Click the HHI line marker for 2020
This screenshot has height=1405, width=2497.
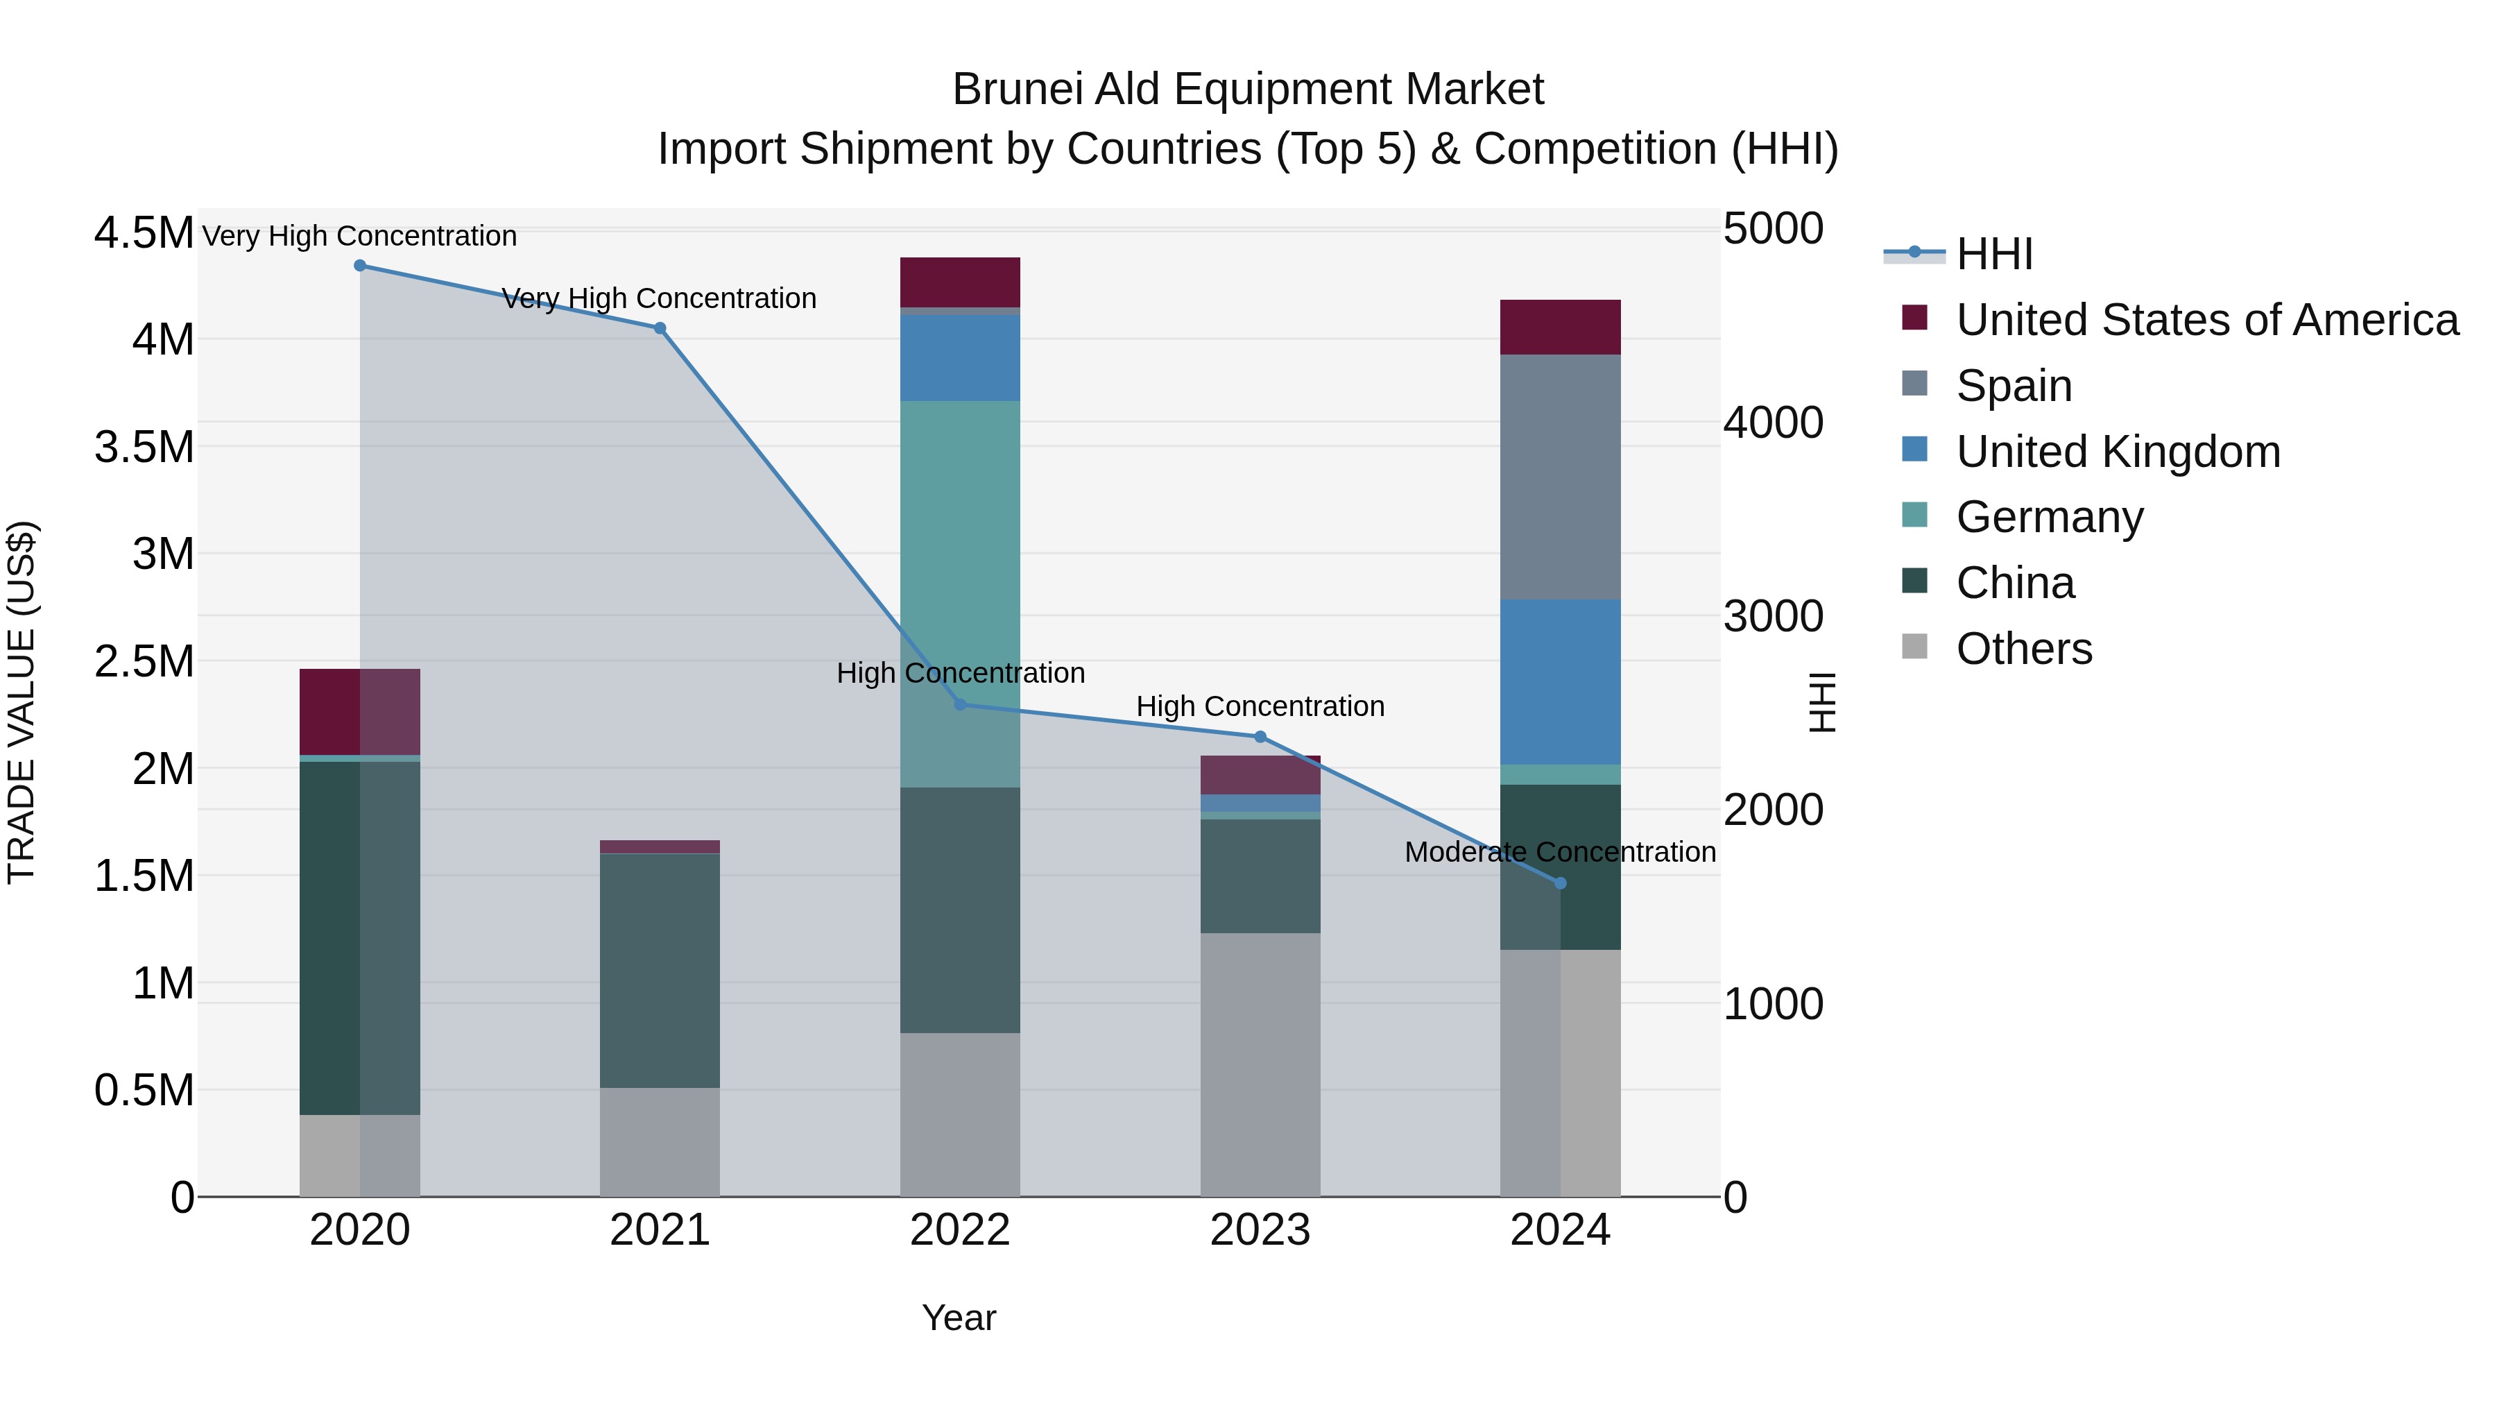pos(359,266)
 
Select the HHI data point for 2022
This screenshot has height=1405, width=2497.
pos(960,704)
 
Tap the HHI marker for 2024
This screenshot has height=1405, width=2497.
pos(1560,883)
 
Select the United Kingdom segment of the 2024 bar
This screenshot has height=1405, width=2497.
pos(1560,681)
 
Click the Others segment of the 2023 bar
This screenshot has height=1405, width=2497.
pos(1260,1064)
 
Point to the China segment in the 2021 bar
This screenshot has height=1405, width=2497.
pos(659,970)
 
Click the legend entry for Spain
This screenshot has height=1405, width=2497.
pos(2014,386)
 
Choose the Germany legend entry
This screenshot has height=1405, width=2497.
pos(2049,517)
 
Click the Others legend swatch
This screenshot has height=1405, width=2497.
pos(1914,647)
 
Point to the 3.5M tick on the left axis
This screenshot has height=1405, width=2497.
pos(144,447)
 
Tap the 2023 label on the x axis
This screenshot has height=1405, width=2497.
pos(1260,1230)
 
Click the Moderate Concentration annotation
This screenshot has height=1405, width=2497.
pos(1560,852)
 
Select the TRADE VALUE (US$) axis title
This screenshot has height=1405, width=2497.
pos(22,702)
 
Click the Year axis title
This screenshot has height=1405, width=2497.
pos(959,1318)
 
